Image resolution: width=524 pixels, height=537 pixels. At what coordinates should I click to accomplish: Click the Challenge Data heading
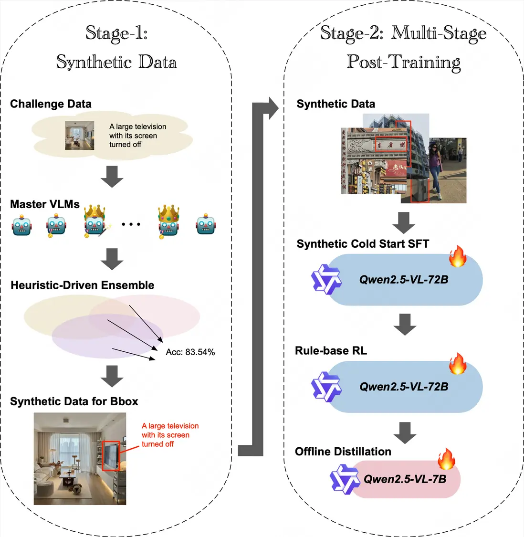(x=51, y=104)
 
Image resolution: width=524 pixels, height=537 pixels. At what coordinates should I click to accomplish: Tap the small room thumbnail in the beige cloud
(x=79, y=136)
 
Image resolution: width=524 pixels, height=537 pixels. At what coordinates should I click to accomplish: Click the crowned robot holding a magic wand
(x=95, y=221)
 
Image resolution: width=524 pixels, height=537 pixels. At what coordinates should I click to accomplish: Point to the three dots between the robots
(x=131, y=224)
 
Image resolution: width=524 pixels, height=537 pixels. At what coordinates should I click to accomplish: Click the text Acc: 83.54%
(x=190, y=352)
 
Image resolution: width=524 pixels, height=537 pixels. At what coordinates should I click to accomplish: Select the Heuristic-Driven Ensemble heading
(x=82, y=285)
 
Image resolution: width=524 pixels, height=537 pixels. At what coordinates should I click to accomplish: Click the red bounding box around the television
(x=111, y=456)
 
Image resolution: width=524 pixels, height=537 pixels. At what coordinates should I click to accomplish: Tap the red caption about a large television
(x=169, y=435)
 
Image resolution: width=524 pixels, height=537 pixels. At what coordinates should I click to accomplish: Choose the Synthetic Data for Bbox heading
(x=74, y=401)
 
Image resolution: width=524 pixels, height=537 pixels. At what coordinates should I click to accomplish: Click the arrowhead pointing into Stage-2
(x=273, y=108)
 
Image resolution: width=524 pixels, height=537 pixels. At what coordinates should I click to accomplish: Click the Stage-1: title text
(x=116, y=33)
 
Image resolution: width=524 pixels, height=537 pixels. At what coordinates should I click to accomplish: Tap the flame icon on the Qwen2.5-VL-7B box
(x=446, y=459)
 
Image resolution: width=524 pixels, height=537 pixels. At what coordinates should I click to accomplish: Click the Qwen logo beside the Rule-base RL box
(x=326, y=387)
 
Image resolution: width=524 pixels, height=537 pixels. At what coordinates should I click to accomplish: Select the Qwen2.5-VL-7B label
(x=405, y=479)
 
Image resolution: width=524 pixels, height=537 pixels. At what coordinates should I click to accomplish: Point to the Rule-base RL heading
(x=331, y=351)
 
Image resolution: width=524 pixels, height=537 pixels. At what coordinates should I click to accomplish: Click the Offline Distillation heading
(x=343, y=452)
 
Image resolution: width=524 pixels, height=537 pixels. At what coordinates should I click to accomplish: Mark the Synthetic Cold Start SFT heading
(x=363, y=244)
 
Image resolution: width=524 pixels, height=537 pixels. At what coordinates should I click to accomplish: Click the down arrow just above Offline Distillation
(x=405, y=432)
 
